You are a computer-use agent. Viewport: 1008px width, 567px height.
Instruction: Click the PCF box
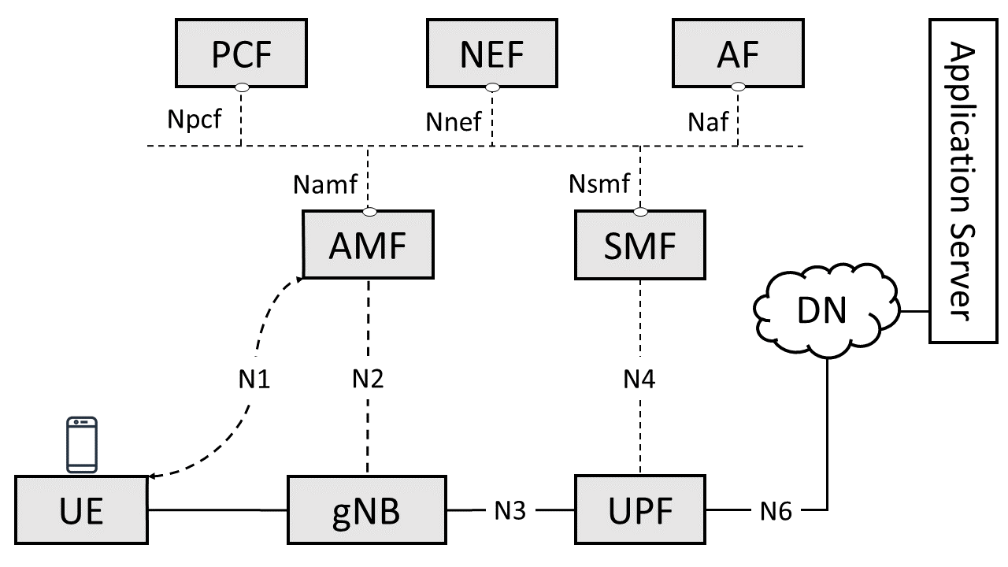pyautogui.click(x=240, y=54)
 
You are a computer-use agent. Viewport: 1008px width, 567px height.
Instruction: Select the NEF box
pyautogui.click(x=492, y=54)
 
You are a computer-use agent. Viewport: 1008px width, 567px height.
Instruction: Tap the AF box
pyautogui.click(x=738, y=54)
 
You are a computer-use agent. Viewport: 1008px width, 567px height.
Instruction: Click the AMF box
pyautogui.click(x=369, y=245)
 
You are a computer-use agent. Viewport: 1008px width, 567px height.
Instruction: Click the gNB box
pyautogui.click(x=366, y=510)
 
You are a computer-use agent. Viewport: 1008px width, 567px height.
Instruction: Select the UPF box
pyautogui.click(x=640, y=510)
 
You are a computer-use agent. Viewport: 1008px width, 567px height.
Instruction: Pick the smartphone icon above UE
pyautogui.click(x=81, y=444)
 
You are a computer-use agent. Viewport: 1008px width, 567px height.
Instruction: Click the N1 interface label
pyautogui.click(x=254, y=380)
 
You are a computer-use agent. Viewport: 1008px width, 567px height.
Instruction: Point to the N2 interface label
pyautogui.click(x=368, y=380)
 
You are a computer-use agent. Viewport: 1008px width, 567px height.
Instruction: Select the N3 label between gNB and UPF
pyautogui.click(x=510, y=510)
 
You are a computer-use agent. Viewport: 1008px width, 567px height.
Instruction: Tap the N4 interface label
pyautogui.click(x=639, y=380)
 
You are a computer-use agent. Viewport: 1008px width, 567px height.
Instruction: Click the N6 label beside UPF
pyautogui.click(x=776, y=510)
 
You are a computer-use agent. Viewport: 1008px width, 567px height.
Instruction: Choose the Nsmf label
pyautogui.click(x=599, y=184)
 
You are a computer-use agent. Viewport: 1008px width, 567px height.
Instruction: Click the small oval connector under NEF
pyautogui.click(x=492, y=87)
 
